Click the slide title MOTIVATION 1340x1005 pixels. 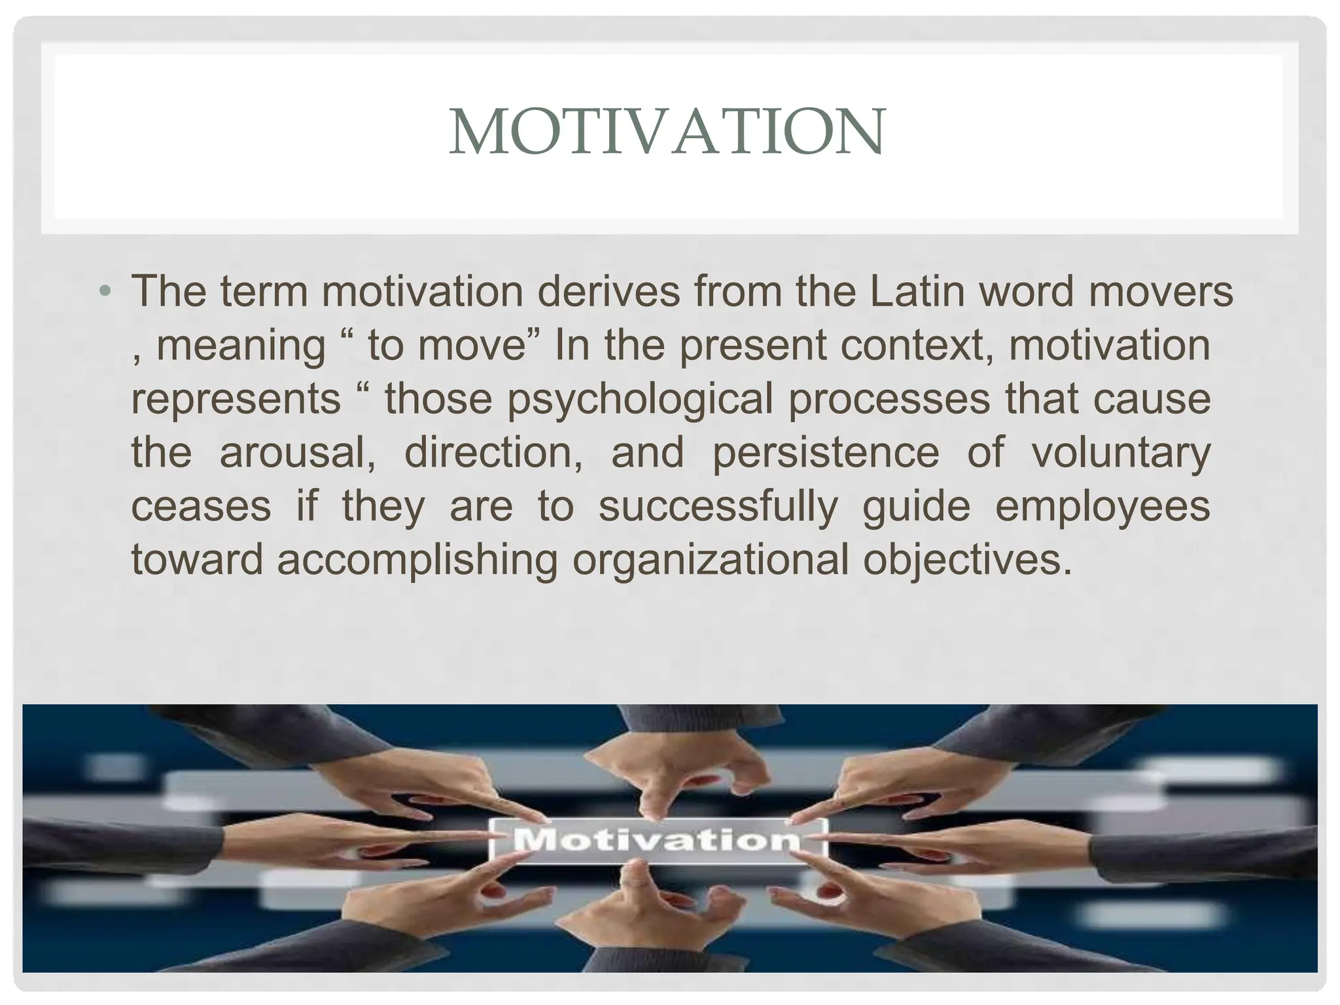[667, 132]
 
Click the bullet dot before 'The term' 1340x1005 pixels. [105, 291]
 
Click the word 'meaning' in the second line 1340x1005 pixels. [241, 345]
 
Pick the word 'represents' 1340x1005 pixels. [236, 398]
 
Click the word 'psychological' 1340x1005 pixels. [641, 400]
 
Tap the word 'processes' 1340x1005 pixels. [889, 400]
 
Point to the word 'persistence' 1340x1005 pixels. [825, 452]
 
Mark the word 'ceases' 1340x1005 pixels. [201, 506]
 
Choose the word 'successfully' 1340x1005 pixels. [718, 507]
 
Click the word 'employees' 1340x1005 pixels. [1102, 507]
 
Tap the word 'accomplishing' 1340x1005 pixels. [417, 561]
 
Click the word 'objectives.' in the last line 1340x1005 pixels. [968, 561]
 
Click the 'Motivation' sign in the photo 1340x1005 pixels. [658, 840]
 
